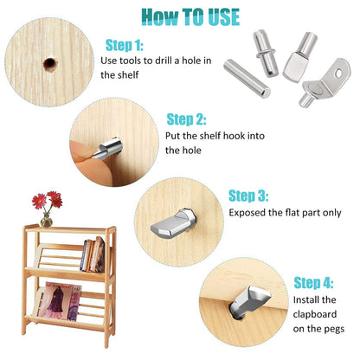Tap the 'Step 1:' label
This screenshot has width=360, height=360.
[124, 44]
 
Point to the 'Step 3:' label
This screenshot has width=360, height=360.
[248, 196]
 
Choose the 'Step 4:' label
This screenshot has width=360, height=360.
[313, 282]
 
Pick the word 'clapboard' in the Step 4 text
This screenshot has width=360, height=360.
[320, 314]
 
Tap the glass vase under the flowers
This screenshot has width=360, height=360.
[46, 220]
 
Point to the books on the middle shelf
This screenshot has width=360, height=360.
[92, 254]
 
